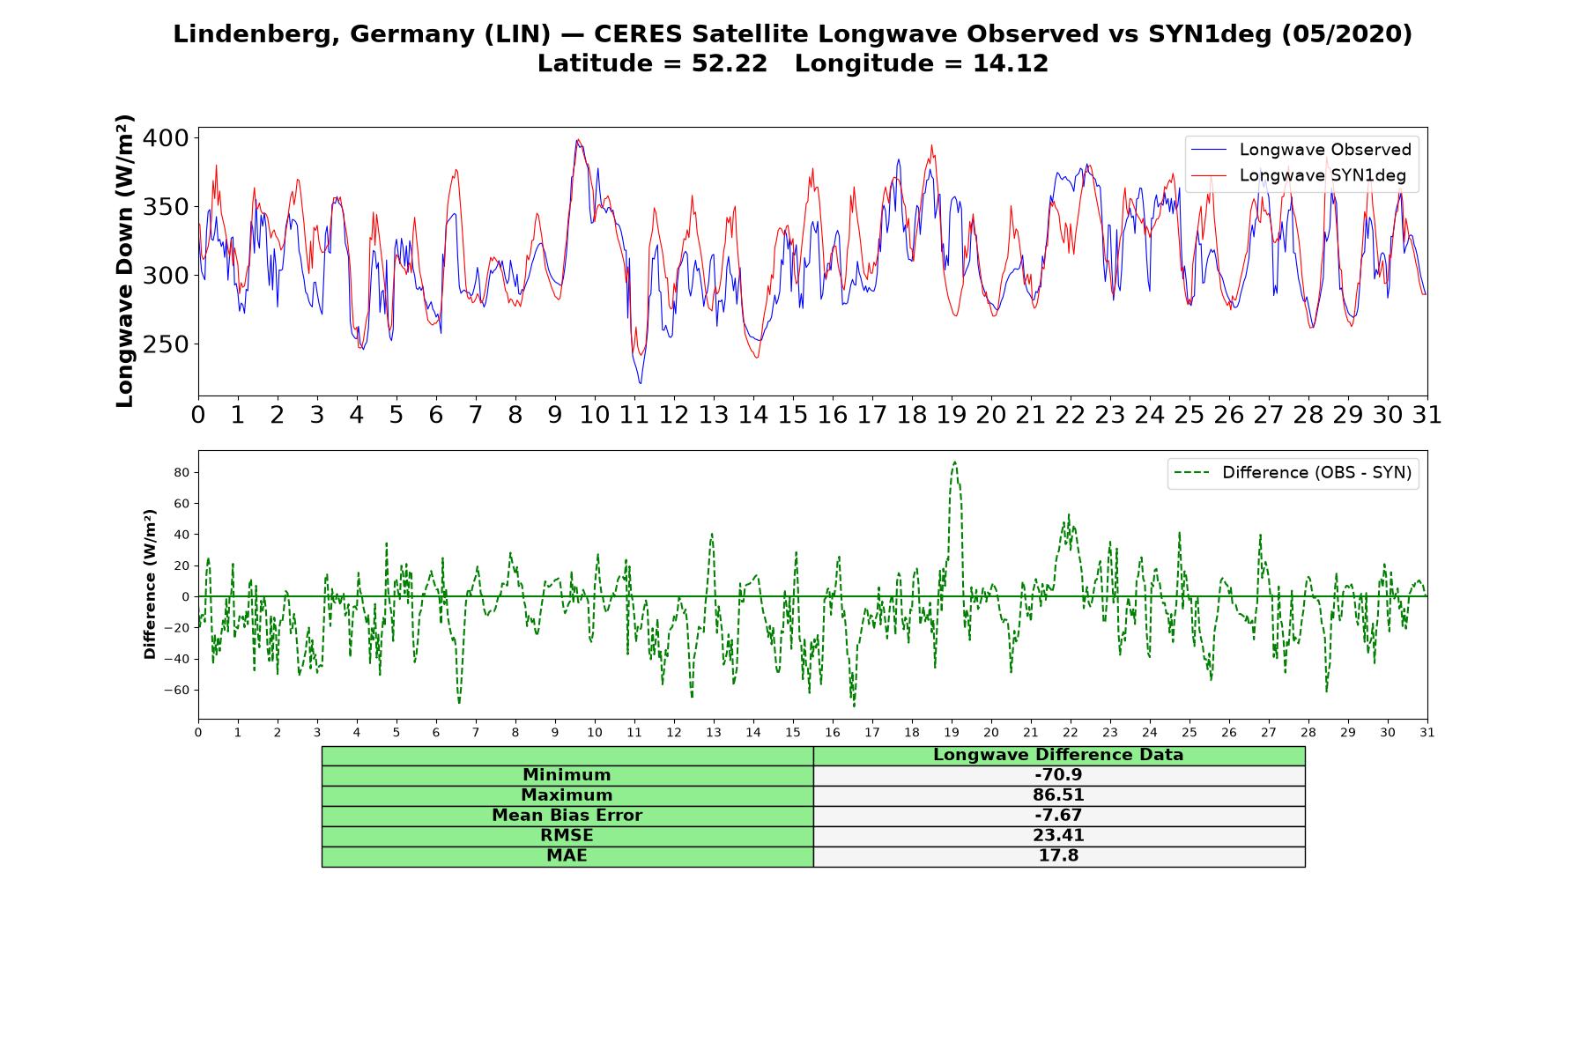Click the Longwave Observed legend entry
coord(1301,150)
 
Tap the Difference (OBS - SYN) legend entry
coord(1293,473)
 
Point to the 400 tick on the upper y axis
coord(166,137)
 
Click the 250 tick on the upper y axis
coord(166,344)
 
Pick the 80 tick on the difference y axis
coord(182,472)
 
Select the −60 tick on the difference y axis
coord(178,690)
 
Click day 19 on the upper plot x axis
coord(952,414)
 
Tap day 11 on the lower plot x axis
coord(634,732)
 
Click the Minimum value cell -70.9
coord(1058,775)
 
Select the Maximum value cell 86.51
coord(1058,795)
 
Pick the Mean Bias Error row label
coord(567,816)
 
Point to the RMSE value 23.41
coord(1058,836)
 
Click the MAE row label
coord(567,856)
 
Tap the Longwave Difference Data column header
coord(1058,755)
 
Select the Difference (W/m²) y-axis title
coord(150,584)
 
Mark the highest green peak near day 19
coord(954,462)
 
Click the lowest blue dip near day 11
coord(640,382)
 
